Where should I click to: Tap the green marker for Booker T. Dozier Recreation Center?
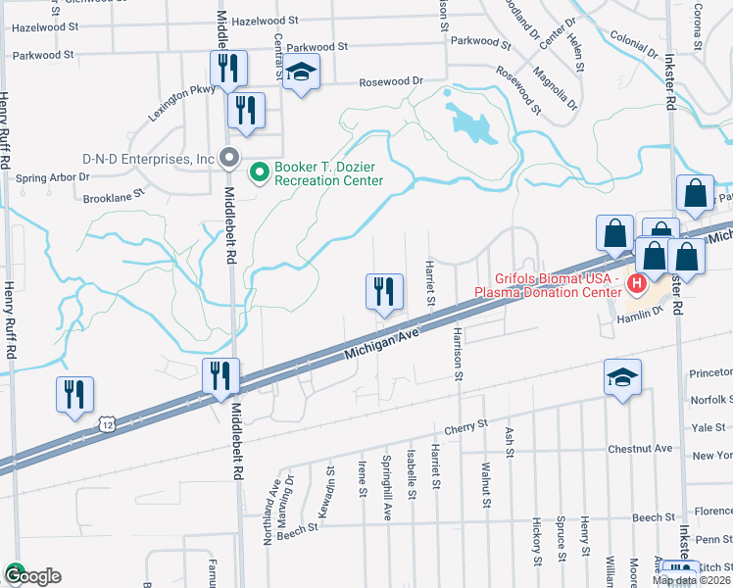coord(260,173)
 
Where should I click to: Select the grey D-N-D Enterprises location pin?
coord(230,158)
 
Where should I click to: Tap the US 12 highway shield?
coord(107,424)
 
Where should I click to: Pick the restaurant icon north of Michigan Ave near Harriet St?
coord(383,292)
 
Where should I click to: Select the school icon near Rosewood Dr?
coord(302,72)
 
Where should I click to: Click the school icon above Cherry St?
coord(622,378)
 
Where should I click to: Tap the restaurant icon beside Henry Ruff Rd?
coord(74,395)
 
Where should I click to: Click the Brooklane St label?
coord(114,194)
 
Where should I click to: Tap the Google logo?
coord(31,575)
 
